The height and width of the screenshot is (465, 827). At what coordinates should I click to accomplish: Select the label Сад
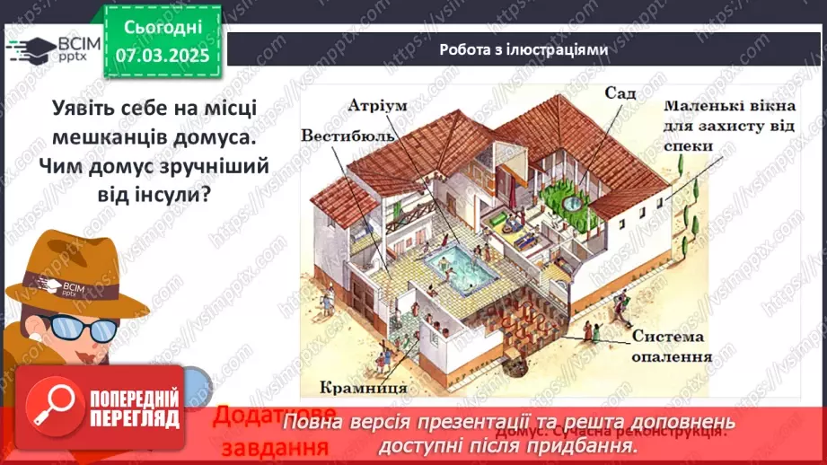(619, 92)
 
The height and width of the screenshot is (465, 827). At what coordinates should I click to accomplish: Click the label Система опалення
(672, 347)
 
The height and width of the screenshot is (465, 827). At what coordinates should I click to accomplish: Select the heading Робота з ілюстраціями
(523, 49)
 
